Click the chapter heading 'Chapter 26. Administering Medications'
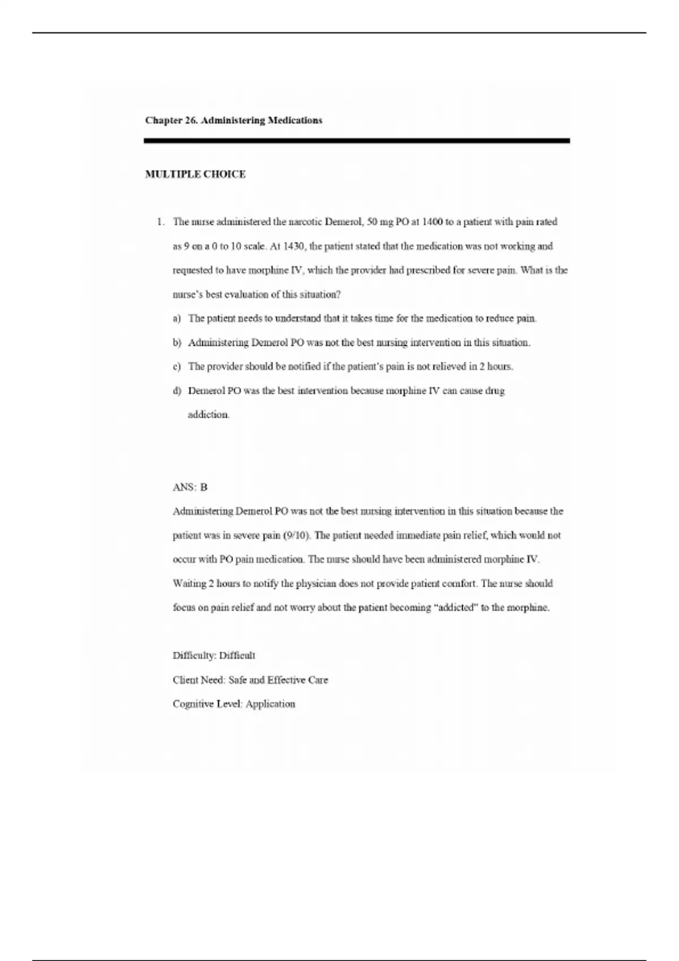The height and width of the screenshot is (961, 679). click(x=234, y=120)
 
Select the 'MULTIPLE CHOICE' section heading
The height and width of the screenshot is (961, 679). click(x=195, y=175)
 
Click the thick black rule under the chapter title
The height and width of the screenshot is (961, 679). click(x=356, y=141)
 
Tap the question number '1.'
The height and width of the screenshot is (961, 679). click(x=161, y=222)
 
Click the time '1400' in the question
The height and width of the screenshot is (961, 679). click(x=432, y=222)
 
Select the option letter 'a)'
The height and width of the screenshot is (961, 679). click(x=177, y=319)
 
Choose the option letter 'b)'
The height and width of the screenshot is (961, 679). click(x=177, y=343)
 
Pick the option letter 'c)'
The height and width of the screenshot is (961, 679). click(x=177, y=367)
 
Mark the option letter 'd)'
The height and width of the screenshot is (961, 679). click(x=177, y=391)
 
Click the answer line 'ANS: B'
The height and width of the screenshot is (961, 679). click(x=190, y=487)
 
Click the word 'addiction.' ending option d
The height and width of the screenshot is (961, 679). click(x=209, y=415)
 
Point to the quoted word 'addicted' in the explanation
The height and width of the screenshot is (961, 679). click(x=456, y=608)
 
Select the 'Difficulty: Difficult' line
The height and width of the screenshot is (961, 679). click(x=214, y=656)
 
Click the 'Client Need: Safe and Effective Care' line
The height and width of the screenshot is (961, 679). click(x=250, y=680)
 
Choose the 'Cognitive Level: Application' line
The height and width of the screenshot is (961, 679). click(x=234, y=704)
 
